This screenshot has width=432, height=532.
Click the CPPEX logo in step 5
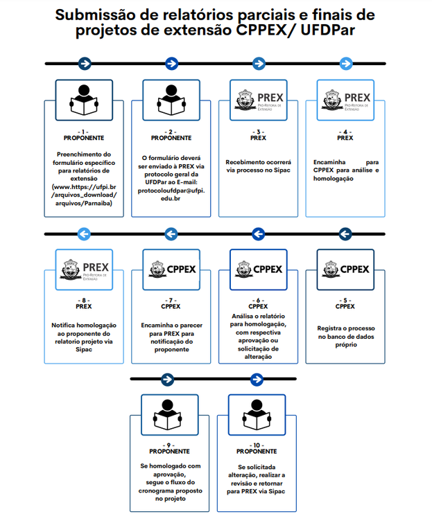345,269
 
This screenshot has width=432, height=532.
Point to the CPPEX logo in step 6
258,269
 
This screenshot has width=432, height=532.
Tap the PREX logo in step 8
84,269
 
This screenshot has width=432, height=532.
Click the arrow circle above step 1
84,64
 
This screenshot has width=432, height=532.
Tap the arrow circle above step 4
345,64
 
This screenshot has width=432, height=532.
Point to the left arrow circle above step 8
84,234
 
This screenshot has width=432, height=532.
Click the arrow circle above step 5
345,234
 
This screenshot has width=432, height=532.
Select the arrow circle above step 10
257,380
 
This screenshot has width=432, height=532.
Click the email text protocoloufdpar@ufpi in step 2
171,190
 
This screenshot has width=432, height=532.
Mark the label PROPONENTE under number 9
170,452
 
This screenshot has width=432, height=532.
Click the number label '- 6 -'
258,300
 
